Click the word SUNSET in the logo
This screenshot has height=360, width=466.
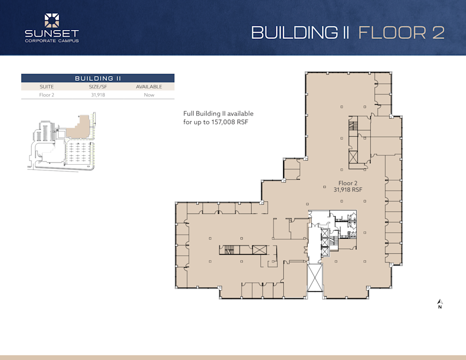pos(52,34)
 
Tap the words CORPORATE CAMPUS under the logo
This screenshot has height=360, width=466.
pos(52,41)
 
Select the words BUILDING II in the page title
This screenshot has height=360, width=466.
pos(300,32)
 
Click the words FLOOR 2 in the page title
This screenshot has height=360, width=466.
pos(401,32)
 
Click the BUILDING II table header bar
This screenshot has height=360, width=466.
pos(97,78)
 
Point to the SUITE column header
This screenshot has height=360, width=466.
pos(47,87)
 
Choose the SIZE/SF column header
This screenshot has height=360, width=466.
pos(98,87)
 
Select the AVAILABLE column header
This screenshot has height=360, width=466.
pos(149,87)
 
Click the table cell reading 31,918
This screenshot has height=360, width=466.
pos(98,95)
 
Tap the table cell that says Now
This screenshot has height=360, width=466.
pos(149,95)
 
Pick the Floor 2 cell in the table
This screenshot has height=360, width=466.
pos(47,95)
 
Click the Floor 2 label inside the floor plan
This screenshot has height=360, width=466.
pos(347,183)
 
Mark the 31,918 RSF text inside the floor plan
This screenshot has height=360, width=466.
pos(347,190)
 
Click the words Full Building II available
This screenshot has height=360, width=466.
pos(218,113)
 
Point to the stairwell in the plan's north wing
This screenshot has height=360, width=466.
pos(354,125)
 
